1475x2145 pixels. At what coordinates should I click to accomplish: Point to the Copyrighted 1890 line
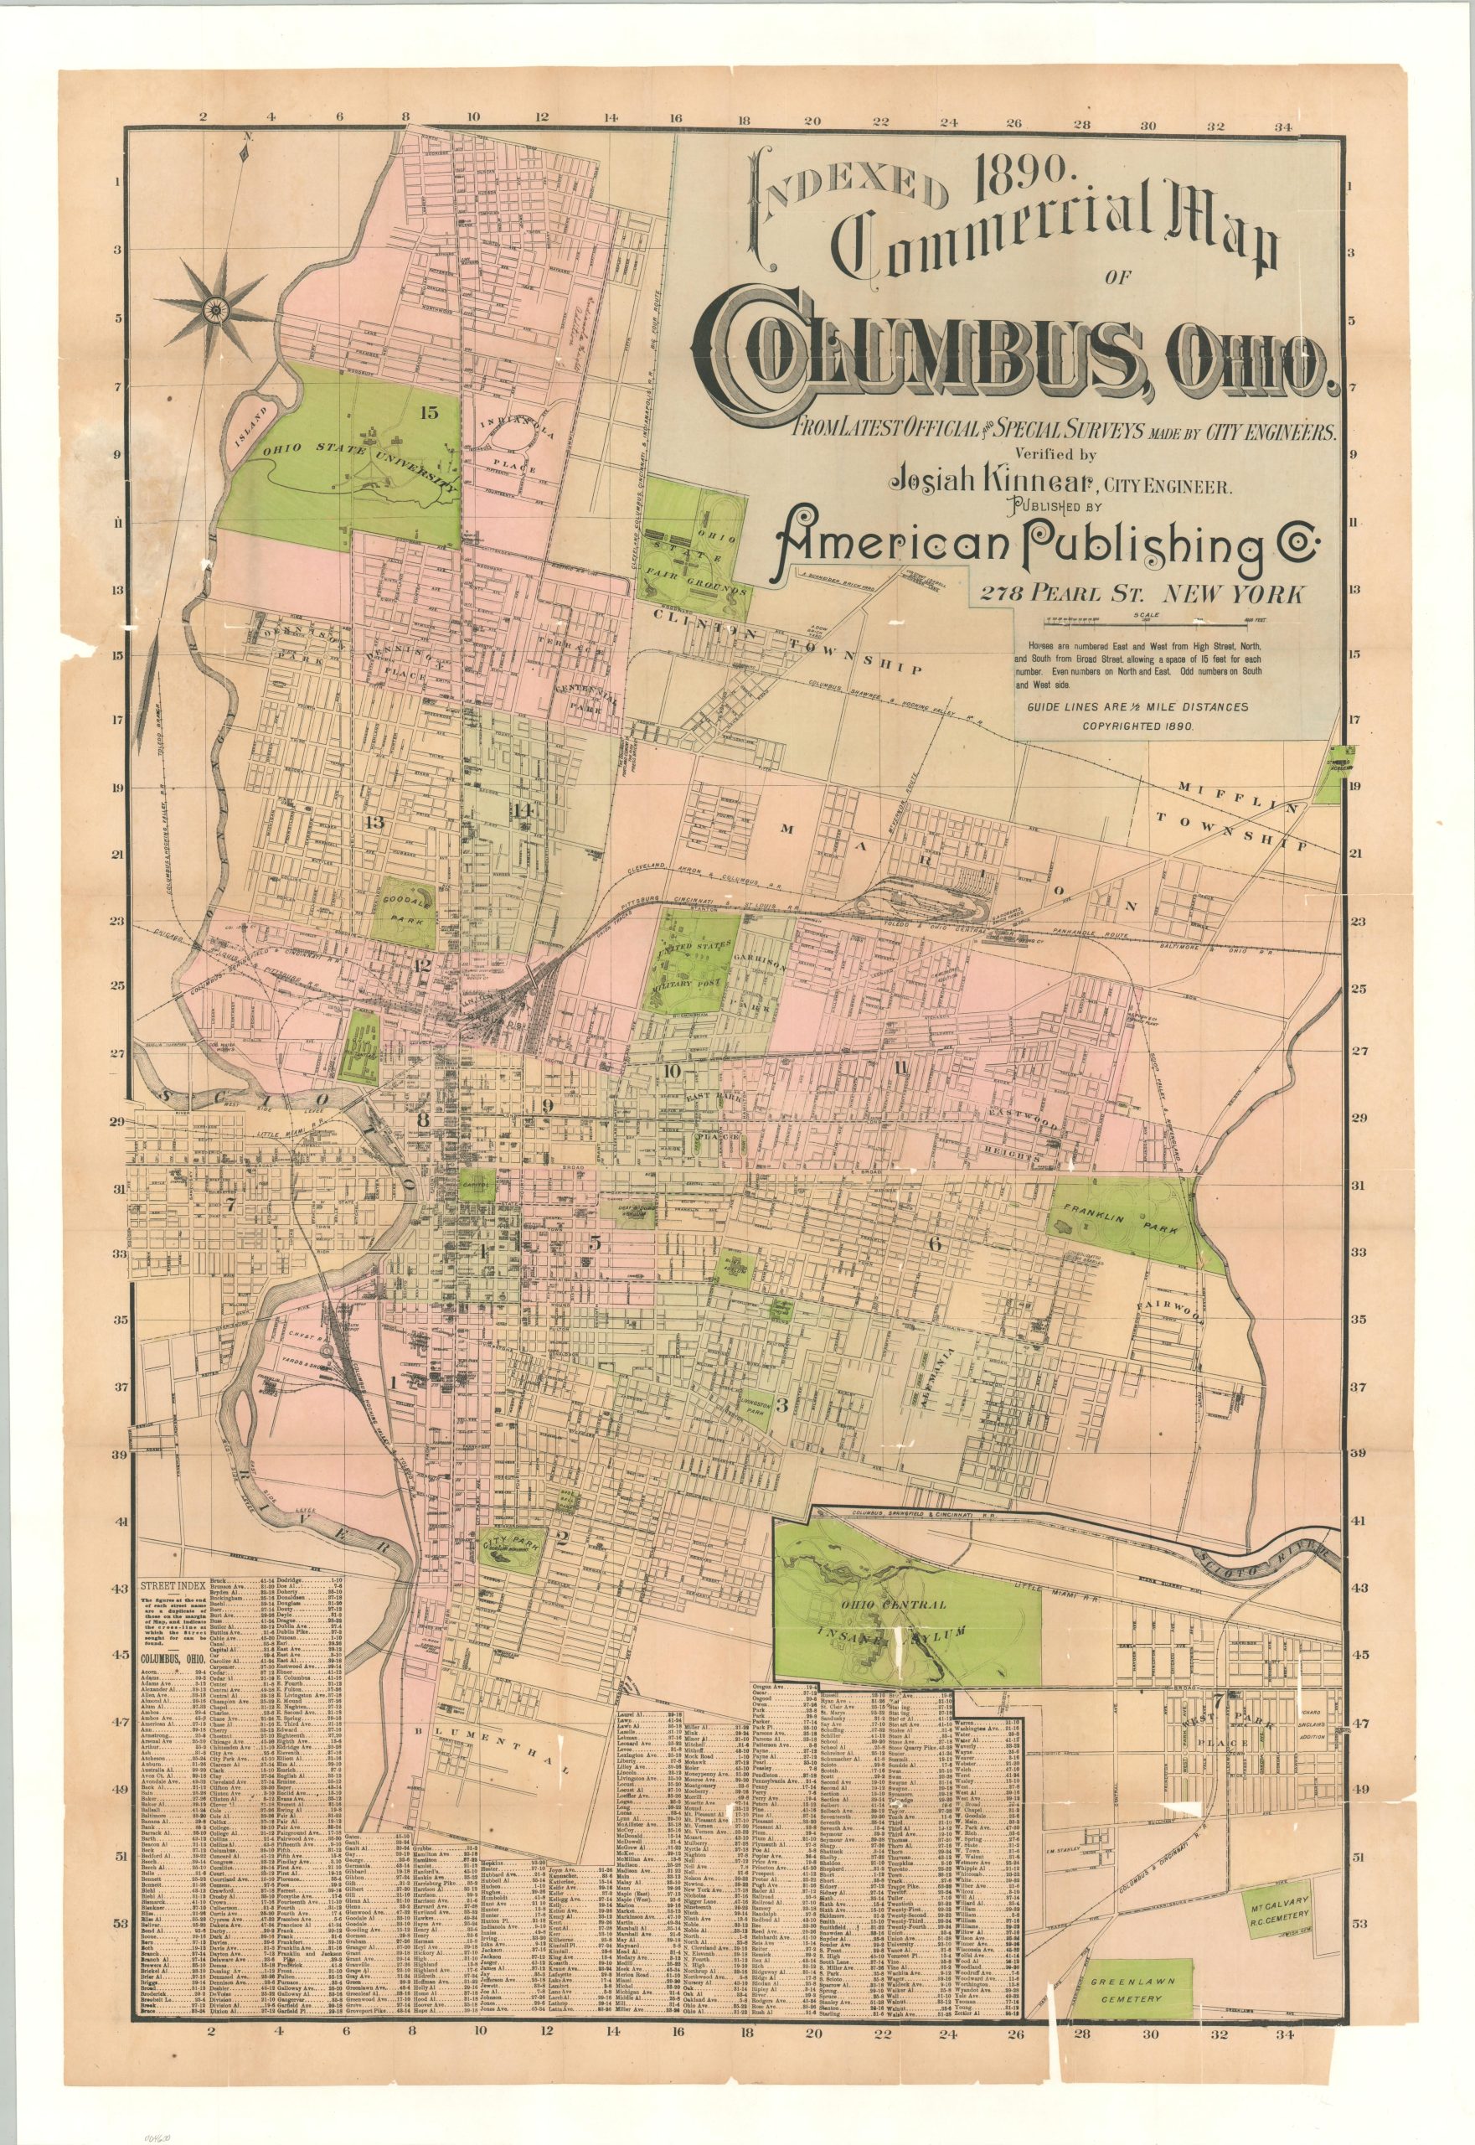pyautogui.click(x=1142, y=726)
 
